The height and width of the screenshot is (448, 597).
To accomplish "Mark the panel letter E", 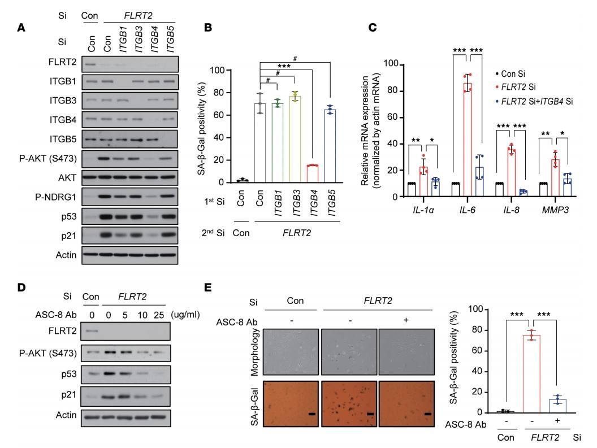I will (207, 288).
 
